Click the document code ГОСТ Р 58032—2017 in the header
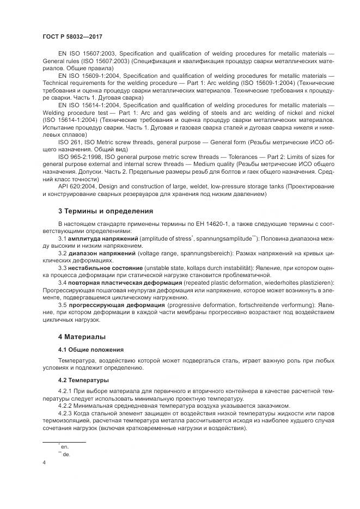pyautogui.click(x=72, y=35)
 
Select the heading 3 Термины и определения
pyautogui.click(x=106, y=211)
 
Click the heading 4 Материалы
pyautogui.click(x=82, y=337)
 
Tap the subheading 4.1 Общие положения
pyautogui.click(x=91, y=349)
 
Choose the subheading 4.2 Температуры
pyautogui.click(x=83, y=379)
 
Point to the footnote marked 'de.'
pyautogui.click(x=65, y=453)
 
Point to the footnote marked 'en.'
pyautogui.click(x=65, y=445)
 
